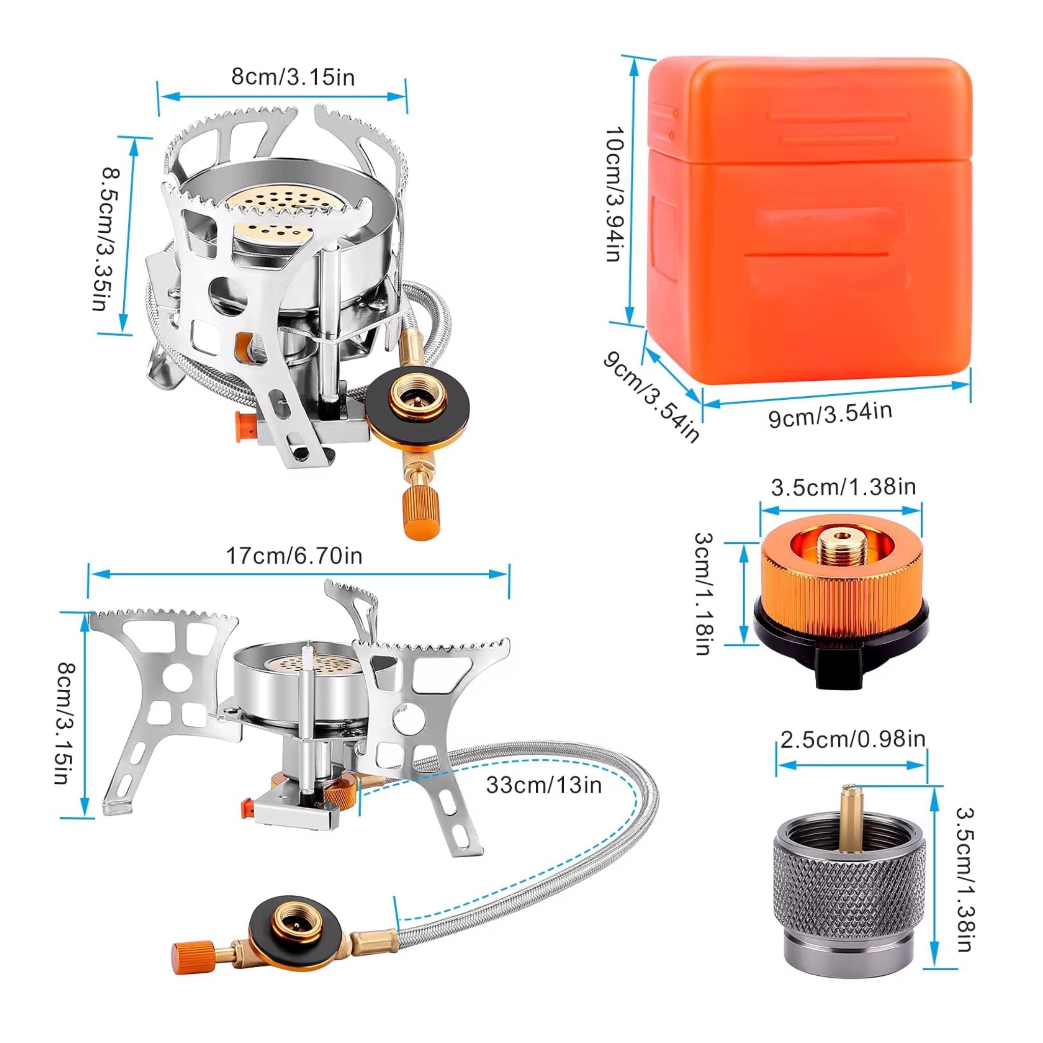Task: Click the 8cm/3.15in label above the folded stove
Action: tap(293, 77)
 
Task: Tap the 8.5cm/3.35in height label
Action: tap(106, 239)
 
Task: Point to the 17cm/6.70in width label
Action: tap(294, 556)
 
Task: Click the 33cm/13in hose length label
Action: tap(543, 784)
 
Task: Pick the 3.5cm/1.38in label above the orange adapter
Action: tap(843, 487)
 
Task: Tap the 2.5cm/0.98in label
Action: tap(853, 738)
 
